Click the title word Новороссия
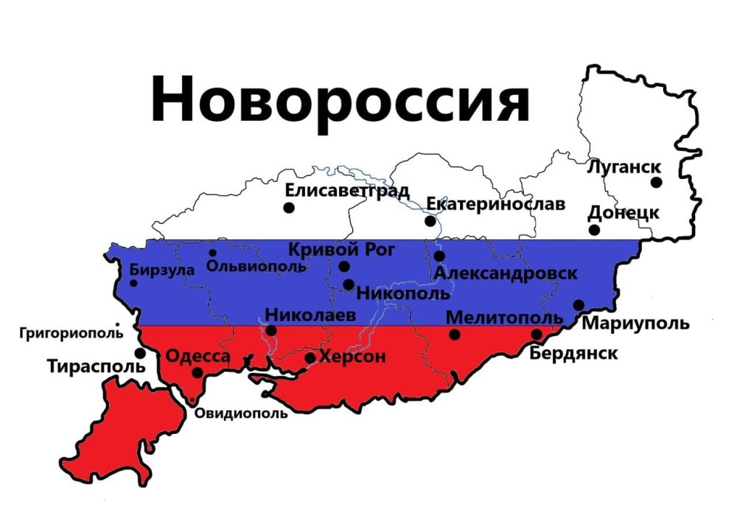(340, 99)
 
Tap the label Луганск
(624, 167)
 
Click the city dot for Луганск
(656, 182)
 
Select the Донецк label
(623, 213)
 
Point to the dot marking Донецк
(594, 230)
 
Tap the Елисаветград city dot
(289, 208)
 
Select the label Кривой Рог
(341, 250)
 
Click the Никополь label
(402, 293)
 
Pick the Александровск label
(506, 273)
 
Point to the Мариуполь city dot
(579, 305)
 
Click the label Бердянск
(573, 353)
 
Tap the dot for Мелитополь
(455, 335)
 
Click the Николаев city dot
(271, 330)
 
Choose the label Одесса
(198, 357)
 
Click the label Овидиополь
(241, 413)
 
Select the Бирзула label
(162, 270)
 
